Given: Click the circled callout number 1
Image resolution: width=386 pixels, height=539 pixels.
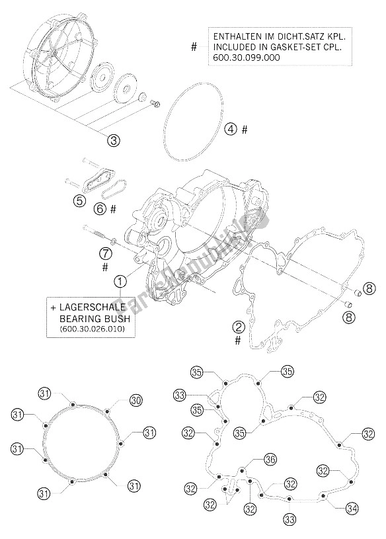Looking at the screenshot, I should coord(120,281).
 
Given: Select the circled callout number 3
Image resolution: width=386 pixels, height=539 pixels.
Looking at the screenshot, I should coord(114,140).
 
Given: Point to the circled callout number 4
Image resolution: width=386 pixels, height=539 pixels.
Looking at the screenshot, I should coord(230,129).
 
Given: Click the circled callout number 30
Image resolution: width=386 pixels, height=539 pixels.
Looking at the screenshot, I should coord(135,400).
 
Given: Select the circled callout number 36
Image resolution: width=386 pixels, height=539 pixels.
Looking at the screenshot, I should coord(270,460).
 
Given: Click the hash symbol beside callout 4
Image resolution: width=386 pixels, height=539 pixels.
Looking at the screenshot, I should coord(245,130).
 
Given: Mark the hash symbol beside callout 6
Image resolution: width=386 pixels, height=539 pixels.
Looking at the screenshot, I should coord(114,208).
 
